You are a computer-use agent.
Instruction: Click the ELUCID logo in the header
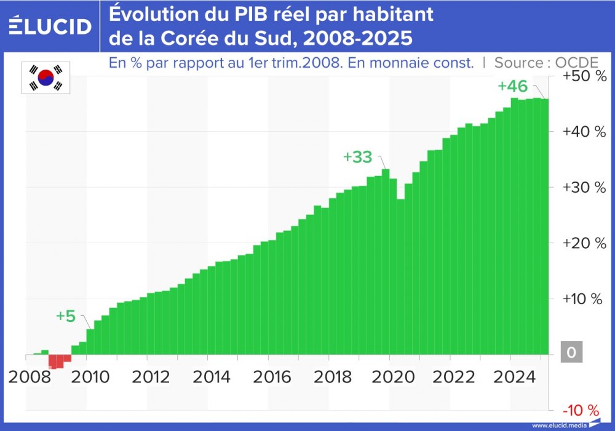pos(50,26)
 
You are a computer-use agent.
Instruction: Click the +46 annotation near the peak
pos(512,86)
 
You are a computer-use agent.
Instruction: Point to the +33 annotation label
pos(358,157)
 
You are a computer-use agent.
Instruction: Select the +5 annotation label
pos(65,316)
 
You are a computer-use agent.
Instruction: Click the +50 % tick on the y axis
pos(584,76)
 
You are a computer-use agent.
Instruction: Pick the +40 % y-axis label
pos(584,132)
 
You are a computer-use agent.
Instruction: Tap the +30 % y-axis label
pos(584,187)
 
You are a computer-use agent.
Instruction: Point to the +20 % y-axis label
pos(584,243)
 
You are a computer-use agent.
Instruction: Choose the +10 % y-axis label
pos(584,299)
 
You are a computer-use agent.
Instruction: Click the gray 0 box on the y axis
pos(571,353)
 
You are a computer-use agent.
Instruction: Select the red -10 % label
pos(581,409)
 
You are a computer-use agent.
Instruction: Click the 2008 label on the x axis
pos(28,376)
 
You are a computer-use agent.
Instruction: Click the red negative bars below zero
pos(60,360)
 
